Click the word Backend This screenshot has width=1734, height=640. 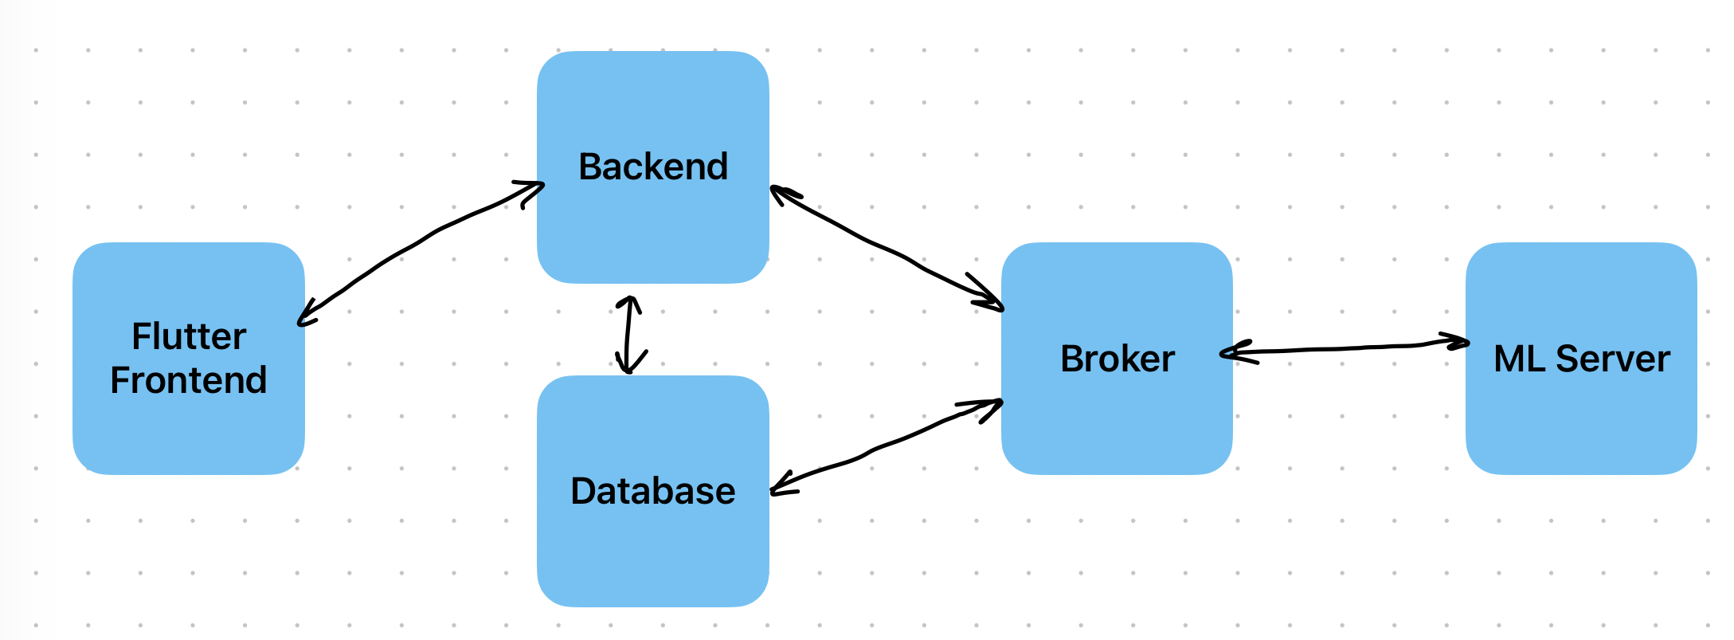click(653, 167)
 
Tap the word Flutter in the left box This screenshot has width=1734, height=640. click(189, 336)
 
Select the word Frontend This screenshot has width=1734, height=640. click(189, 380)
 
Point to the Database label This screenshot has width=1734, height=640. click(653, 491)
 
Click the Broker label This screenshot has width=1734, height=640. click(1117, 359)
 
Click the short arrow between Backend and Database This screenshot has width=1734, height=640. click(628, 335)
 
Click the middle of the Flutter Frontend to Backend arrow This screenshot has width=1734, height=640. click(421, 241)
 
